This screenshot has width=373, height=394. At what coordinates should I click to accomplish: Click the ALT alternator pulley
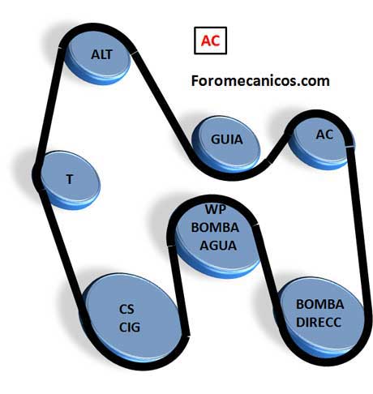[98, 57]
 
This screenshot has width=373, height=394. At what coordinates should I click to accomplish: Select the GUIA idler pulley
[226, 143]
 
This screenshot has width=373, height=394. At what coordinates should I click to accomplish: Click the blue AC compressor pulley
[322, 143]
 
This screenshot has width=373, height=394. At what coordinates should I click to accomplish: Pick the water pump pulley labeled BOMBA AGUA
[217, 238]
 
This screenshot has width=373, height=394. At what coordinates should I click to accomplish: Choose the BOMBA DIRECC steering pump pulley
[320, 318]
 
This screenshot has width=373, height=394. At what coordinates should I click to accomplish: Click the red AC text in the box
[210, 41]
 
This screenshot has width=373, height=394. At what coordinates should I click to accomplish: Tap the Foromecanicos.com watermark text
[260, 81]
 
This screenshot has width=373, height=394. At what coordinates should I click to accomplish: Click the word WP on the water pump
[216, 209]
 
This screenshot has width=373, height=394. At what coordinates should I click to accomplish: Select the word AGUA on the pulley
[218, 246]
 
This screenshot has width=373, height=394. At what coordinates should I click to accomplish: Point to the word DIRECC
[319, 322]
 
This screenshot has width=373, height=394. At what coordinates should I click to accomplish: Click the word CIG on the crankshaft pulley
[130, 328]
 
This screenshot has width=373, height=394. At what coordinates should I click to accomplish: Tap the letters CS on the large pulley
[126, 310]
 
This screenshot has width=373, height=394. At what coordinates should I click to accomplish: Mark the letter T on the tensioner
[70, 179]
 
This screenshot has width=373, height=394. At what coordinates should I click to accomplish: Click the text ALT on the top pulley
[101, 54]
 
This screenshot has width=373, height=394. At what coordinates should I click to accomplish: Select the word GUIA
[226, 139]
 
